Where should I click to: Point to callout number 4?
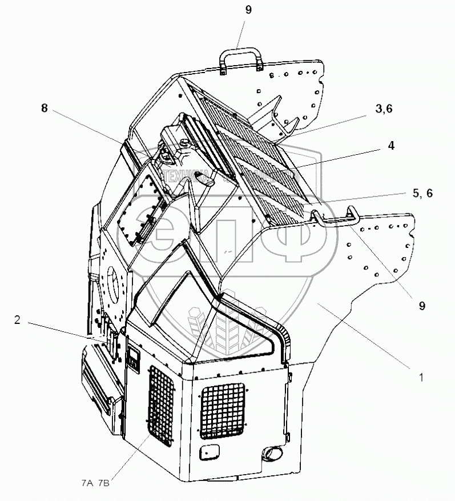pos(391,146)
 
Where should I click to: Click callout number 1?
pos(421,377)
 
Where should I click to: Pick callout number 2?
pos(17,320)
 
